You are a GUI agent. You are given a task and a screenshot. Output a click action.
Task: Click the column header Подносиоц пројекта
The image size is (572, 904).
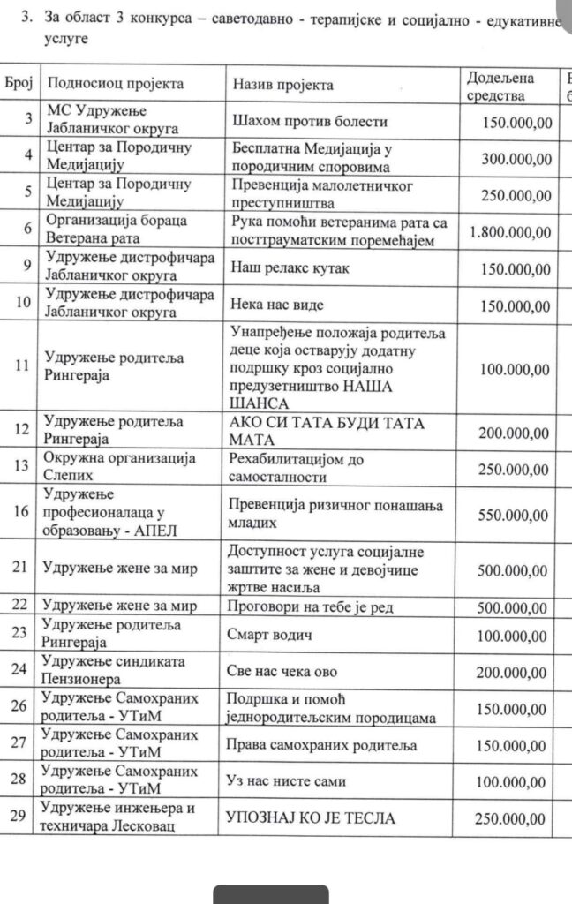116,85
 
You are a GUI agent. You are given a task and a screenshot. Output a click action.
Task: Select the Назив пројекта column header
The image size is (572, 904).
282,85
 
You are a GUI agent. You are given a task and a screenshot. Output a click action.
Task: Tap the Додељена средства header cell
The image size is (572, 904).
500,86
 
